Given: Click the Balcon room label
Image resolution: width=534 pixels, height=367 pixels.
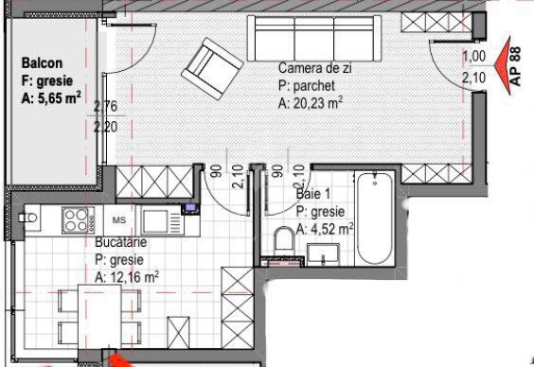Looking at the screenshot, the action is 42,63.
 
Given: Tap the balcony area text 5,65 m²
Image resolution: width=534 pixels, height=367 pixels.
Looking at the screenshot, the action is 56,98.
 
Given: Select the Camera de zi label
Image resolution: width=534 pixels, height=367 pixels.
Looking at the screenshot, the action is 315,68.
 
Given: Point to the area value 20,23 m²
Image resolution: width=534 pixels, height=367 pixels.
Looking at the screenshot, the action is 318,103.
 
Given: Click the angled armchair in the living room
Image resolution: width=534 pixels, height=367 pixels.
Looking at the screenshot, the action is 212,68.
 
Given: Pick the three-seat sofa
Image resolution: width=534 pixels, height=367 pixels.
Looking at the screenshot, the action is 314,39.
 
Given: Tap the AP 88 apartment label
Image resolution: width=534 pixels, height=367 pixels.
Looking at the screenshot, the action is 516,66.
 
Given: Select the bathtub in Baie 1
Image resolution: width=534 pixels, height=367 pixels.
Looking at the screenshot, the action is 375,218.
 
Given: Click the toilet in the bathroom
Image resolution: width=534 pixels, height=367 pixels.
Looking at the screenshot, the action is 284,241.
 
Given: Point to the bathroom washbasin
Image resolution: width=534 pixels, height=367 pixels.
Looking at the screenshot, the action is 323,254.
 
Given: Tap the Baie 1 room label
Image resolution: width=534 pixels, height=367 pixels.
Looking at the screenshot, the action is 313,194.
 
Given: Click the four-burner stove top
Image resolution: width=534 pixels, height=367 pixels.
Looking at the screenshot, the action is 78,220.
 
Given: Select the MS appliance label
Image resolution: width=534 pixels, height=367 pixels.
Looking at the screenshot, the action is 119,220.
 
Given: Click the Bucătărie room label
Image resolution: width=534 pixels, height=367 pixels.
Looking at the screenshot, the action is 121,242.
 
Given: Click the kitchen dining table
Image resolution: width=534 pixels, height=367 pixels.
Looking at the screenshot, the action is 99,317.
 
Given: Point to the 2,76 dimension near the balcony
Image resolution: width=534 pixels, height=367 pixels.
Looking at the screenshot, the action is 105,107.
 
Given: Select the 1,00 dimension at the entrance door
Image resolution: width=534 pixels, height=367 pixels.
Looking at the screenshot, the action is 473,57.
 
